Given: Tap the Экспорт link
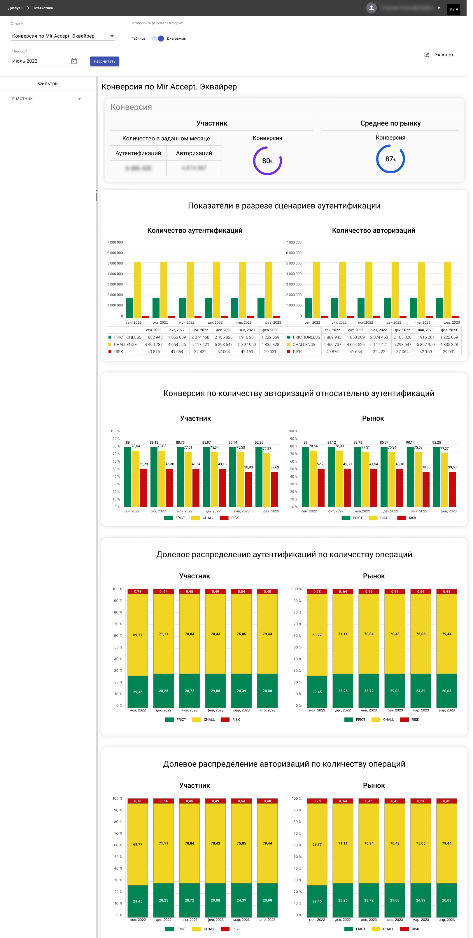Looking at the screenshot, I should coord(443,55).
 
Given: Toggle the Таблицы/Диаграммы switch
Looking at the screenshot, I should coord(158,38).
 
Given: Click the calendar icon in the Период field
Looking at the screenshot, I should coord(74,61).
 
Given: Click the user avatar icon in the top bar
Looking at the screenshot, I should coord(371,8).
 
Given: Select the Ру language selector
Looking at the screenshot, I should coord(453,9).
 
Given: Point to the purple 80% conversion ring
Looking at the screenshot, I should coord(267,161).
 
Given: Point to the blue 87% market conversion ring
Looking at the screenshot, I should coord(390,159).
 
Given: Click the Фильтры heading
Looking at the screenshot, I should coord(48,83).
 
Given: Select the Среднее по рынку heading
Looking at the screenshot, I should coord(390,123).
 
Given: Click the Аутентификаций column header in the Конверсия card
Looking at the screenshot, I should coord(138,153).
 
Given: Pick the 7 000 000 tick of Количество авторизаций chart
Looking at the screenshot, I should coord(293,242).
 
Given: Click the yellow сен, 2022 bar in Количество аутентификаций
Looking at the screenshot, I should coord(137,290).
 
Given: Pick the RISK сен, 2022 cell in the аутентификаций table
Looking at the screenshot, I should coord(153,352).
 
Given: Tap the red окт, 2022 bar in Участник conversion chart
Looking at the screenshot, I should coord(169,487).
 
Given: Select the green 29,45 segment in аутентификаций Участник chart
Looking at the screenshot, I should coord(137,692).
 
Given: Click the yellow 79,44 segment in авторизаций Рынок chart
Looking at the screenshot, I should coord(446,843).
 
